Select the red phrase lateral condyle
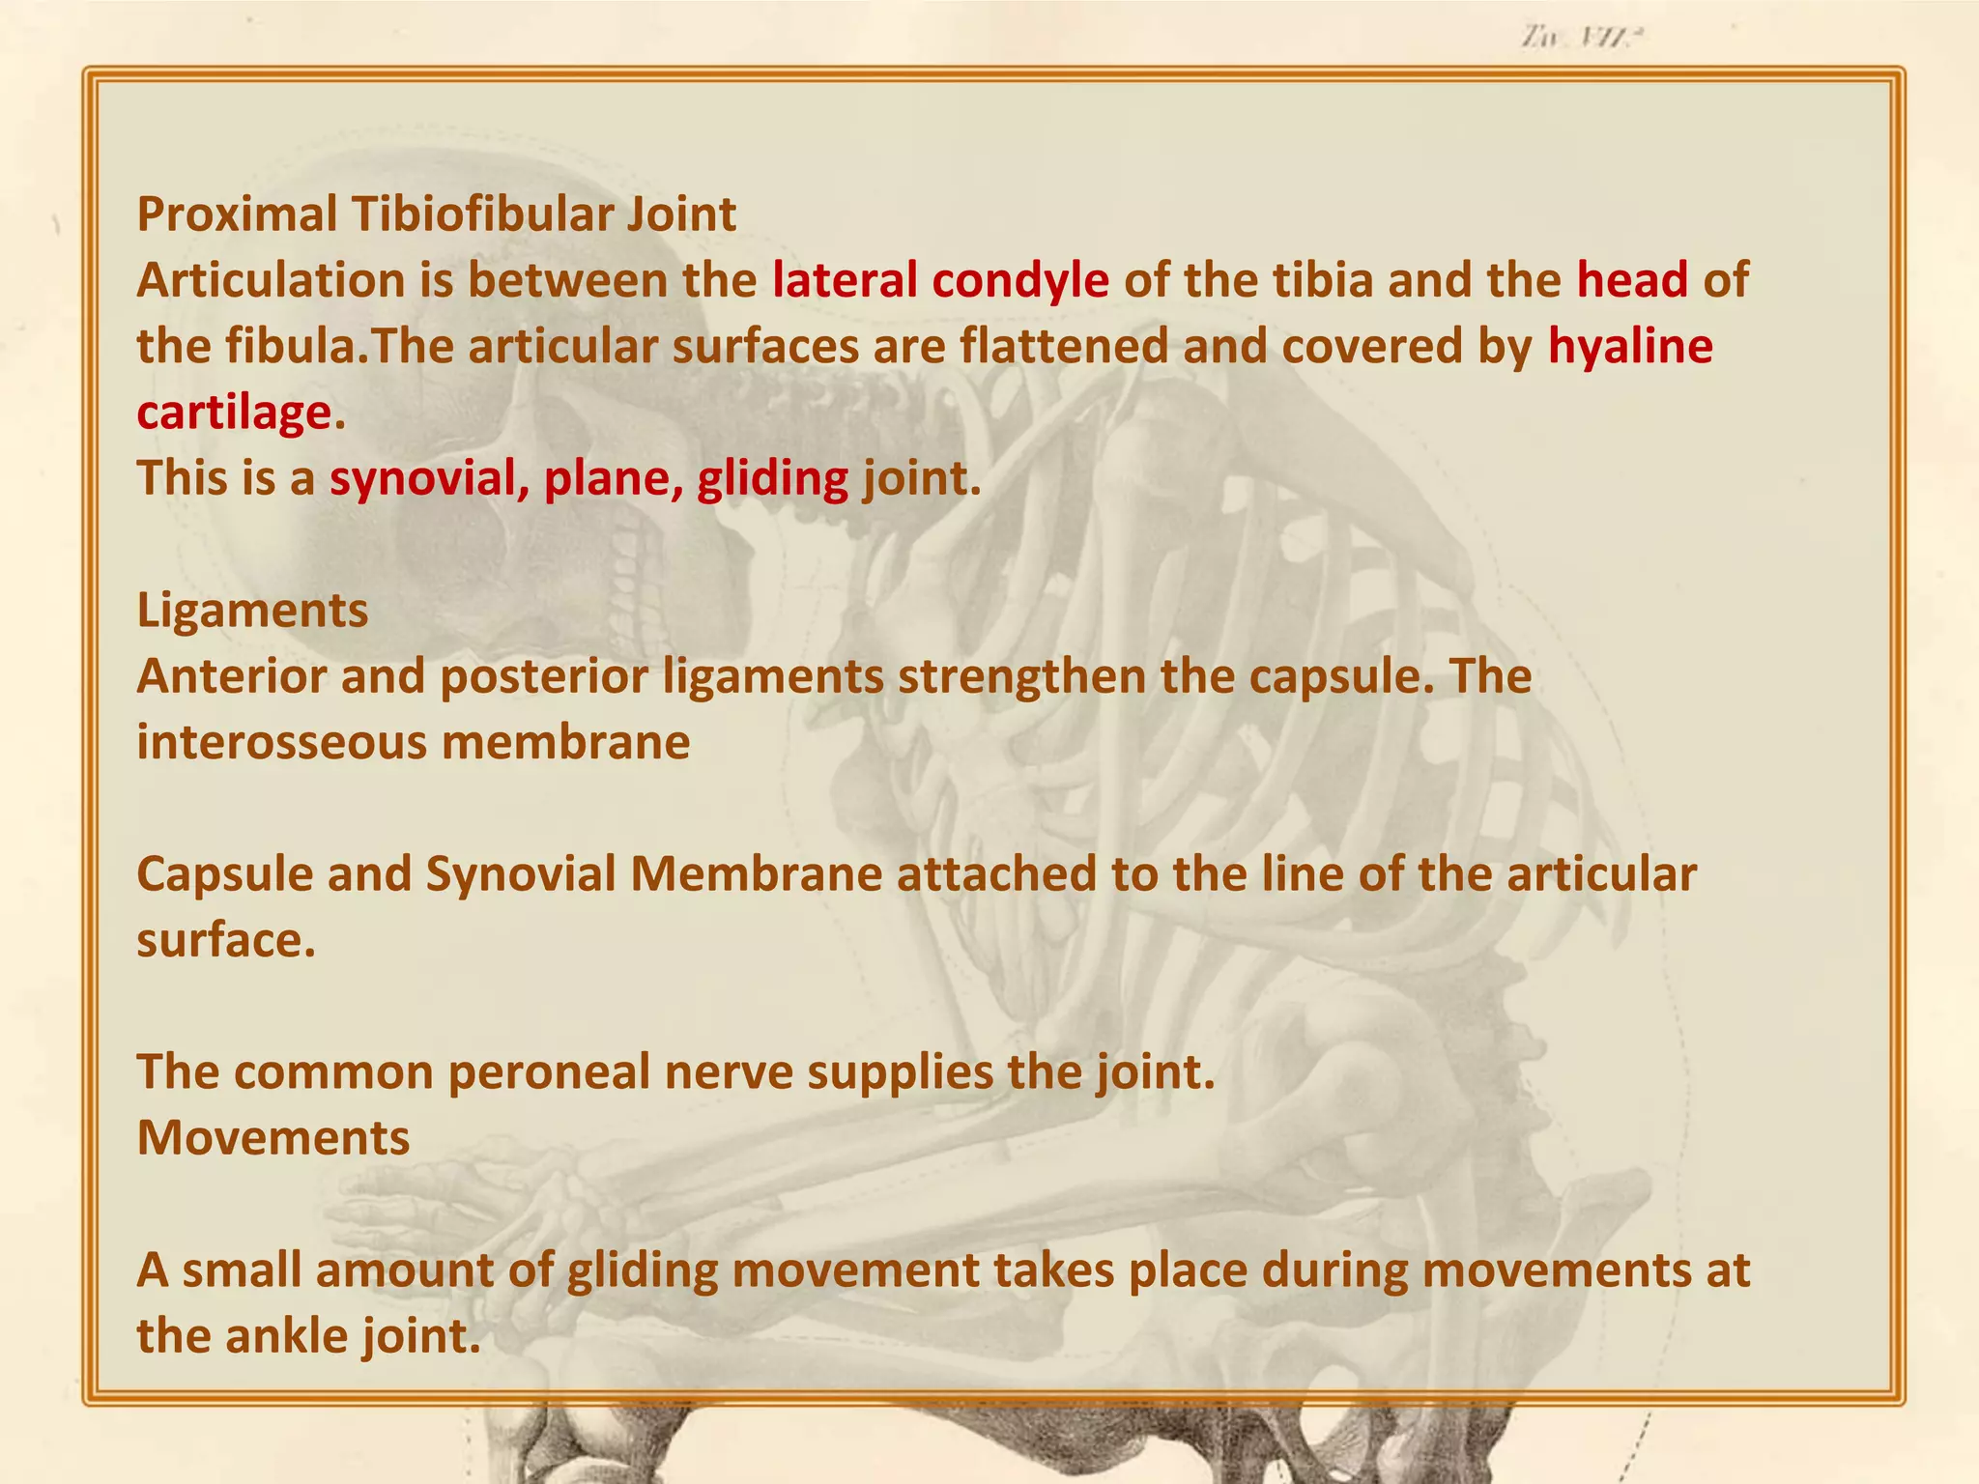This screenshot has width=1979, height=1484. coord(940,281)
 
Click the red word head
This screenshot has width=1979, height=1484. coord(1632,281)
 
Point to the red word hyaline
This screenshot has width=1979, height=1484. coord(1630,347)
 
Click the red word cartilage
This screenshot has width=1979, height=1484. coord(234,414)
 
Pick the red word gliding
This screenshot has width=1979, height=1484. coord(772,479)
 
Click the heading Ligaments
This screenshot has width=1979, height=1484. coord(252,612)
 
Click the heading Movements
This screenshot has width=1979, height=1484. coord(273,1139)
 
